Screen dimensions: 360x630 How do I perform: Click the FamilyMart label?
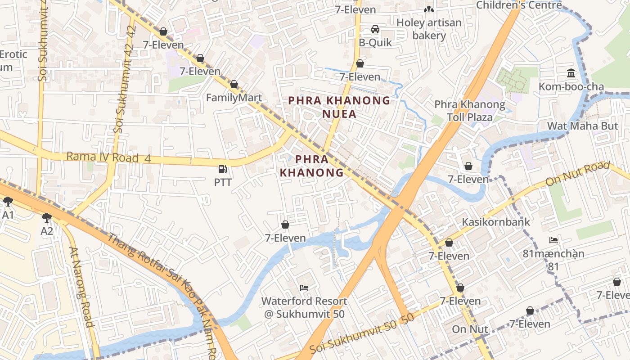click(x=234, y=98)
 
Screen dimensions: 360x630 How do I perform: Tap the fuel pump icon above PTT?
click(x=222, y=169)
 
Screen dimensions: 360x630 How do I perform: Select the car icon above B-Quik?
click(x=375, y=29)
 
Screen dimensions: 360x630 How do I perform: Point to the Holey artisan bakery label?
click(x=429, y=29)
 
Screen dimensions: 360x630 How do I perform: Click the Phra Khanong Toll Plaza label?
click(x=469, y=111)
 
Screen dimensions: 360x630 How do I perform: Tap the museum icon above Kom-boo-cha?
click(x=571, y=73)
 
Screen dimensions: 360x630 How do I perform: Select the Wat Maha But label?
click(x=582, y=126)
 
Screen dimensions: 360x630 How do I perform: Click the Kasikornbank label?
click(x=496, y=222)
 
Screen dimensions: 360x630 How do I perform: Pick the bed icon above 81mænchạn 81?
click(x=553, y=240)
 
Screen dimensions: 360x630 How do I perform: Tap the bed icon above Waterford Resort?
click(x=304, y=288)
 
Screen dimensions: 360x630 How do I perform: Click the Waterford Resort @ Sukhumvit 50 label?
click(x=304, y=307)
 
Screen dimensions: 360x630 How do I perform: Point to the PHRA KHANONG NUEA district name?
click(x=339, y=107)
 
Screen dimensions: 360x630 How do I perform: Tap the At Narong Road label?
click(x=81, y=287)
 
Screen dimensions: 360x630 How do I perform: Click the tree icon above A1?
click(x=8, y=201)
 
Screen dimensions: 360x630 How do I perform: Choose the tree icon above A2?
click(x=46, y=218)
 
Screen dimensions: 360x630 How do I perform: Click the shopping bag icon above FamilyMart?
click(x=234, y=84)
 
